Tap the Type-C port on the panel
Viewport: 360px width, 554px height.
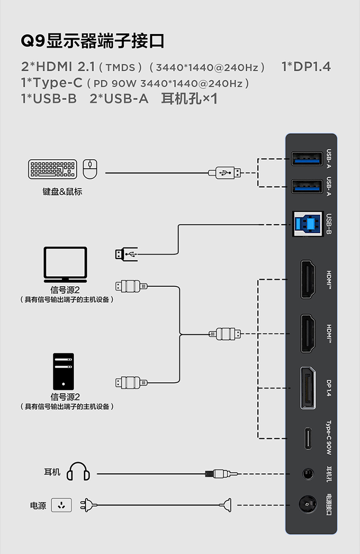click(x=308, y=438)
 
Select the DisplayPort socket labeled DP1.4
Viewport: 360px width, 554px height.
click(x=308, y=388)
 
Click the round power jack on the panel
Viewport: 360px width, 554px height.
click(x=308, y=506)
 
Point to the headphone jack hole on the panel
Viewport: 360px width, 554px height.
click(x=308, y=474)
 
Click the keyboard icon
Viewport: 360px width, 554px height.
click(x=53, y=169)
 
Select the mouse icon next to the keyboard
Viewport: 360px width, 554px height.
click(x=90, y=169)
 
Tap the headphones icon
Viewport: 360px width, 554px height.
click(x=78, y=472)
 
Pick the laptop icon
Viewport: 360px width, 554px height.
click(x=65, y=264)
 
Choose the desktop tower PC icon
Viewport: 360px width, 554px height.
click(x=63, y=371)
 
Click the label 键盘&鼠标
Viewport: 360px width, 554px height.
click(x=62, y=192)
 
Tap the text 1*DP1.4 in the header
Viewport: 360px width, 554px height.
click(x=306, y=67)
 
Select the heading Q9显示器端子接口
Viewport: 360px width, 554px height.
click(x=93, y=41)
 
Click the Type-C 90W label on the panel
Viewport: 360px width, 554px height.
click(x=329, y=438)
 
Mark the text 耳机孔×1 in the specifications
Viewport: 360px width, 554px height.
click(x=190, y=99)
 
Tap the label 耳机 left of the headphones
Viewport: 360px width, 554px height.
click(x=52, y=472)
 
